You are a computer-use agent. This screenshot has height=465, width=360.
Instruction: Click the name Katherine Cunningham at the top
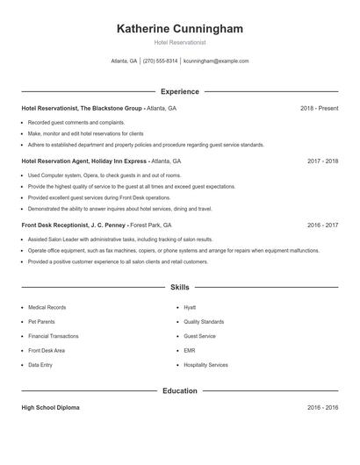[x=180, y=29]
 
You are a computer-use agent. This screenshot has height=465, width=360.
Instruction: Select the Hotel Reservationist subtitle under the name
[x=180, y=42]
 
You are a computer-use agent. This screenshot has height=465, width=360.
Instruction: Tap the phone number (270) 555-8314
[x=160, y=61]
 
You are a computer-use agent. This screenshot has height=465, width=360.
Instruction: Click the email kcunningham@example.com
[x=216, y=61]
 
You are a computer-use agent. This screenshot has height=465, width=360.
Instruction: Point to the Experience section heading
[x=180, y=91]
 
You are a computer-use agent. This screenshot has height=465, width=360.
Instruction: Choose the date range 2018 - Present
[x=319, y=108]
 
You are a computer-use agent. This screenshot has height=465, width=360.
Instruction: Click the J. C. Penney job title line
[x=97, y=225]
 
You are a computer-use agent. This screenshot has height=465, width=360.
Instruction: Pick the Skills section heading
[x=180, y=287]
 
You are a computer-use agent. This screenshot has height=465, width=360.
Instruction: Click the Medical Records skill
[x=47, y=308]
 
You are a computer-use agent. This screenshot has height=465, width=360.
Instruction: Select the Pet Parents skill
[x=42, y=322]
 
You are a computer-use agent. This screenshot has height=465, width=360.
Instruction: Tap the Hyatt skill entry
[x=190, y=308]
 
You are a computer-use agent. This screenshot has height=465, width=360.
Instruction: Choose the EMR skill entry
[x=190, y=350]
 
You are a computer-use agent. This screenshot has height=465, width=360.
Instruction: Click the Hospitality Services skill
[x=205, y=365]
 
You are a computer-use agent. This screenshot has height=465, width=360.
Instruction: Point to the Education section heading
[x=180, y=390]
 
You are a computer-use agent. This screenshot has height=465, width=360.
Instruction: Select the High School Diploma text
[x=52, y=408]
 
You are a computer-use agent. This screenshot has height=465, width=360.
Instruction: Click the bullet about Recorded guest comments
[x=76, y=123]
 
